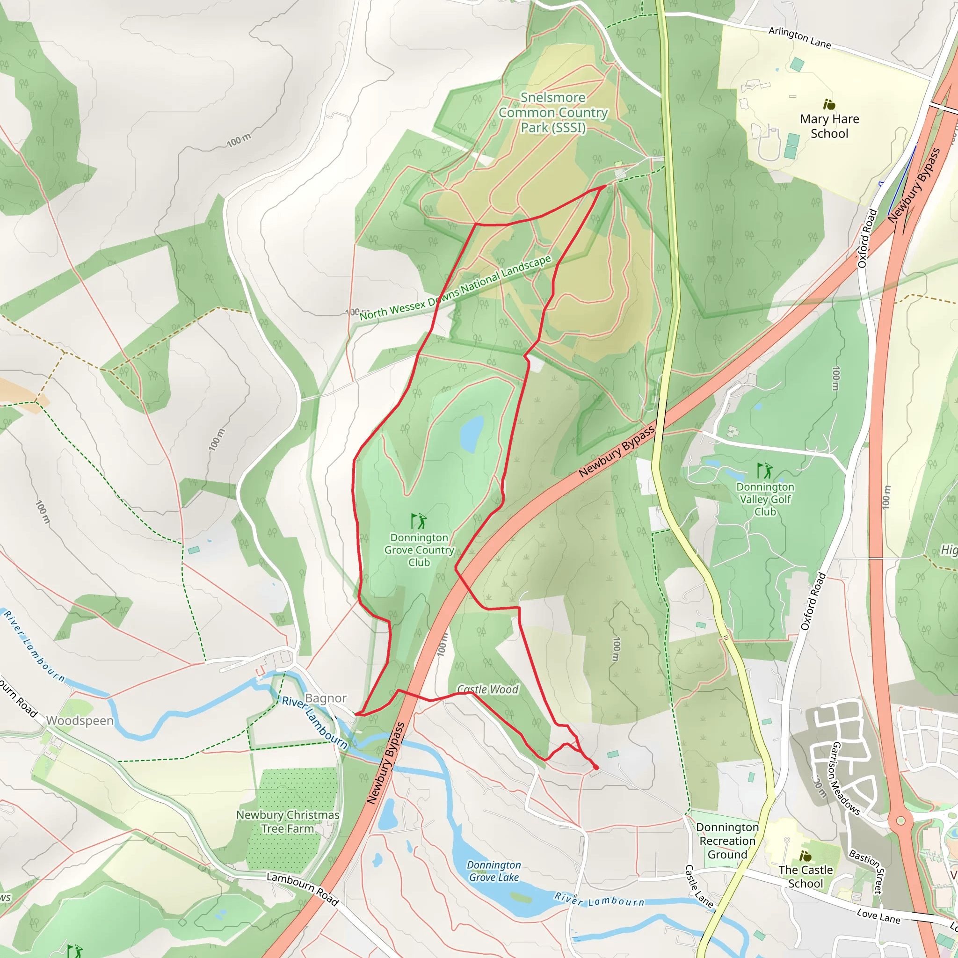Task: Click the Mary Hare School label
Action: pyautogui.click(x=829, y=126)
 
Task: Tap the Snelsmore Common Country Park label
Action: pyautogui.click(x=553, y=113)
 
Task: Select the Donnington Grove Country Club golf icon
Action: pyautogui.click(x=419, y=521)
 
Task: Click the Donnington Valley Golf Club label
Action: pyautogui.click(x=765, y=499)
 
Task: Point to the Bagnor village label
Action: pyautogui.click(x=325, y=698)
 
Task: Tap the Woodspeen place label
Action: pyautogui.click(x=80, y=720)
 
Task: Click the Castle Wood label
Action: pyautogui.click(x=487, y=689)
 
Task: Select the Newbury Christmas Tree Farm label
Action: pyautogui.click(x=288, y=821)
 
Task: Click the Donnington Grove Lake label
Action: pyautogui.click(x=494, y=871)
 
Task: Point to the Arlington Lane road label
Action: pyautogui.click(x=799, y=38)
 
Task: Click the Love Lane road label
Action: pyautogui.click(x=878, y=916)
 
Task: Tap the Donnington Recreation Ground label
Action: pyautogui.click(x=727, y=841)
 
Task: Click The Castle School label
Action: pyautogui.click(x=806, y=876)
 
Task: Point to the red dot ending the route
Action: pyautogui.click(x=596, y=768)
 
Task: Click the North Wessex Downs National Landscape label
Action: pyautogui.click(x=455, y=288)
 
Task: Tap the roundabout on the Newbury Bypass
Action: pyautogui.click(x=900, y=820)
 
